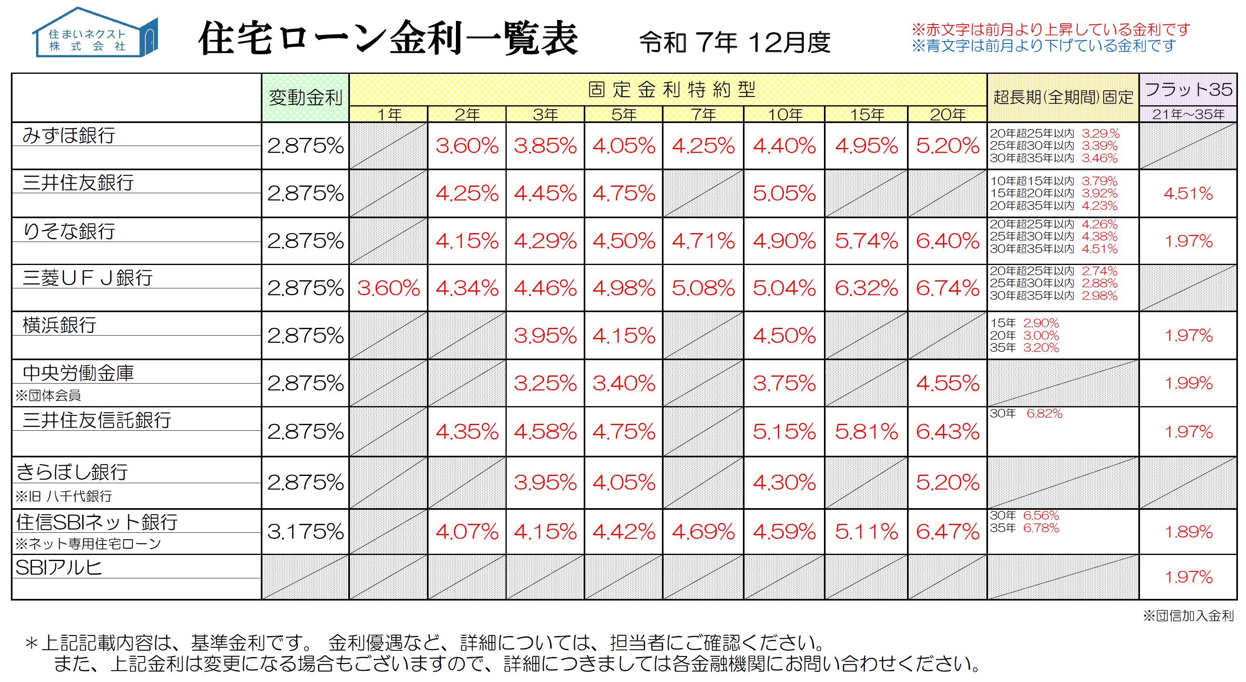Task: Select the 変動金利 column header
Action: point(305,98)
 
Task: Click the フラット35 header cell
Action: point(1188,90)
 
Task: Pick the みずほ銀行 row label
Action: point(69,135)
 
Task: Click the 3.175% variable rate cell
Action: point(305,532)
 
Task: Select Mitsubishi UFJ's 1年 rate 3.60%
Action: point(389,288)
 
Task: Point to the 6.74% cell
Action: point(947,288)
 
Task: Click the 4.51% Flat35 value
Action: point(1188,194)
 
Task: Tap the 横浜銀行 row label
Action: point(60,325)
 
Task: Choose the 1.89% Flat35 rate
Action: point(1188,532)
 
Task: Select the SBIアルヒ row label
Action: point(58,567)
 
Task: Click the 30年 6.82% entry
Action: point(1026,413)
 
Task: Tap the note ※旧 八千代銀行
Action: point(63,496)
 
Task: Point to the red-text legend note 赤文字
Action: point(1050,29)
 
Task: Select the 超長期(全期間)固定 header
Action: point(1063,98)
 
